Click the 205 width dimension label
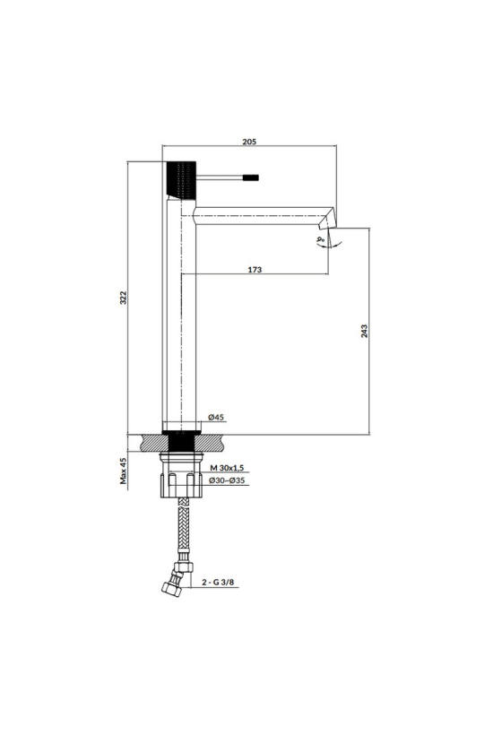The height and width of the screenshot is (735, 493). point(249,141)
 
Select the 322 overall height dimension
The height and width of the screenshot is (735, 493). point(124,298)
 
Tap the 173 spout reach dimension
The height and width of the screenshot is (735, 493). point(255,270)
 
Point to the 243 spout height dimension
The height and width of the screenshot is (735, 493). point(365,331)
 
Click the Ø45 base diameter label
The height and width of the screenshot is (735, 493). point(215,417)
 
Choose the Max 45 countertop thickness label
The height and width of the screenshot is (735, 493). point(124,471)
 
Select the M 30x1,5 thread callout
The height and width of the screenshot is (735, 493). point(228,468)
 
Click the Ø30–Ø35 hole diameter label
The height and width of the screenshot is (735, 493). point(227,480)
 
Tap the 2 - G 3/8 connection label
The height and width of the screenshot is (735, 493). point(218,583)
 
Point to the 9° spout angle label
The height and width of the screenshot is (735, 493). point(321,241)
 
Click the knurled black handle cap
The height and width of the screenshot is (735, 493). point(180,179)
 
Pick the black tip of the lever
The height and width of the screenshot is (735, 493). point(250,177)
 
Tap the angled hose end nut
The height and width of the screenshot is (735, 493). point(171,588)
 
